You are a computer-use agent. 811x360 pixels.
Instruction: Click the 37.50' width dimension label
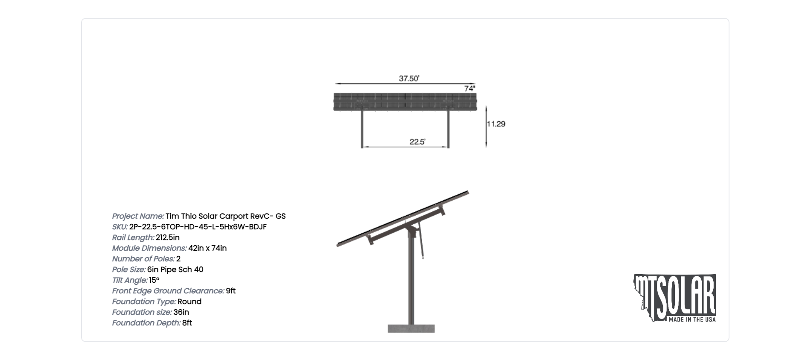click(409, 79)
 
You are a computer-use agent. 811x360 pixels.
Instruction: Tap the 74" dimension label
click(470, 88)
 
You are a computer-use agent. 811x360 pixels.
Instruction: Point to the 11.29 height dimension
click(496, 124)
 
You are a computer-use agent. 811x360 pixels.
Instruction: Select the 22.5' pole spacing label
click(417, 142)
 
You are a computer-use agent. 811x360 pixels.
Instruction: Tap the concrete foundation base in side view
click(411, 328)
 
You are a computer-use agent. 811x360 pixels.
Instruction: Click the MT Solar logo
click(674, 298)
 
